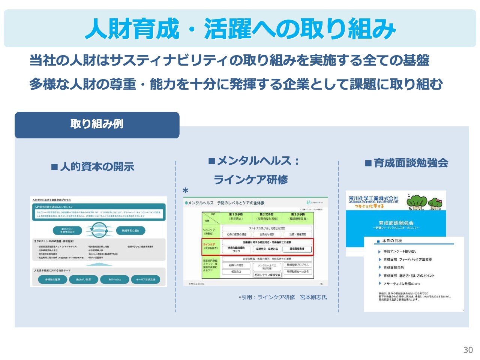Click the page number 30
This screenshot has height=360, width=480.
click(x=468, y=350)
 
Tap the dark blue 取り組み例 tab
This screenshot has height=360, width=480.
click(x=97, y=124)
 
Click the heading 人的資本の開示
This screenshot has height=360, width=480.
click(x=93, y=166)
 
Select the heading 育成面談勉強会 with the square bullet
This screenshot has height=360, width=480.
click(x=406, y=163)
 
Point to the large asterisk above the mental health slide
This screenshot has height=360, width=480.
click(x=185, y=191)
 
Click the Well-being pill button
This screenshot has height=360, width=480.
click(x=115, y=280)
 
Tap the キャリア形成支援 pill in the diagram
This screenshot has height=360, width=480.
click(x=145, y=280)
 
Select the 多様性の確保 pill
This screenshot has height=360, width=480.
click(x=52, y=280)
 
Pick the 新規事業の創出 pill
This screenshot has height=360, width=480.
click(x=130, y=230)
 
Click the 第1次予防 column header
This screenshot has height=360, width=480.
click(x=235, y=216)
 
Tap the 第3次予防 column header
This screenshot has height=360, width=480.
click(x=298, y=216)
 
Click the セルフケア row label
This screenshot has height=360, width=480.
click(x=209, y=231)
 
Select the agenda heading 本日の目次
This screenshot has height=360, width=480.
click(x=392, y=241)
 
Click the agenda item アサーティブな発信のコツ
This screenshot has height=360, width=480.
click(x=402, y=284)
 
